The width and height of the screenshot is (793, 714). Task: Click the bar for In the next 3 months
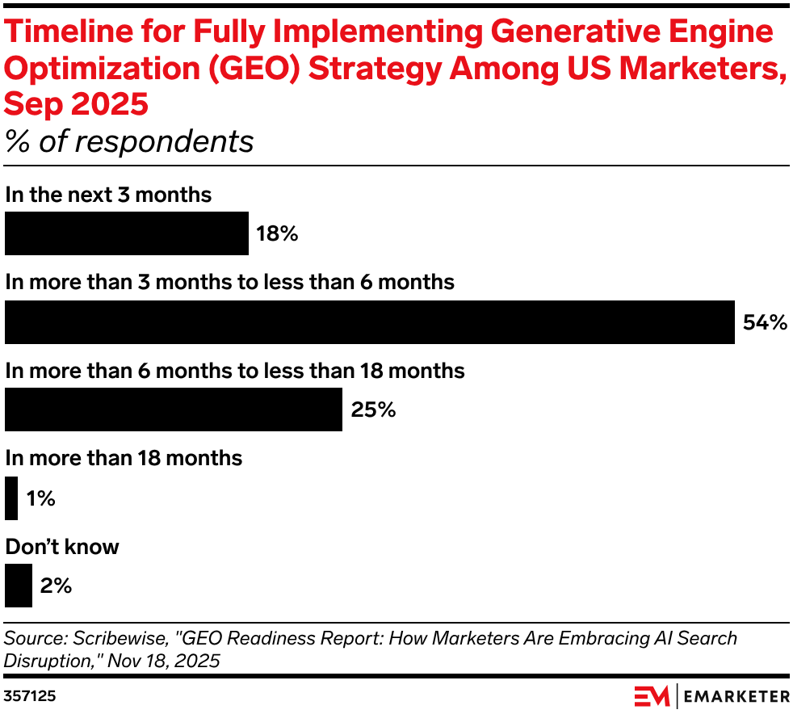(127, 233)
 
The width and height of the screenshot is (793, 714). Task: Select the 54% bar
(370, 322)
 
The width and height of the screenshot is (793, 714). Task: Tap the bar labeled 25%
(174, 409)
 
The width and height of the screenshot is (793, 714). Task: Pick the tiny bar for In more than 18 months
(11, 498)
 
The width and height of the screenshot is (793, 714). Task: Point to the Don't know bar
(19, 586)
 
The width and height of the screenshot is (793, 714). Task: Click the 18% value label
(278, 234)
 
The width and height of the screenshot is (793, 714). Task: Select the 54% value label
(764, 323)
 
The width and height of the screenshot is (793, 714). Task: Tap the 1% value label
(40, 499)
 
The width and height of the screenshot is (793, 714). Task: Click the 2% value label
(56, 586)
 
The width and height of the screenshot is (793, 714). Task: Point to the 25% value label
(373, 410)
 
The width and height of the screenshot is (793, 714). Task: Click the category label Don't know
(62, 547)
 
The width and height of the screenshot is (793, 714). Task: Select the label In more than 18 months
(124, 458)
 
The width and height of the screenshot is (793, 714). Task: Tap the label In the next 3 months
(108, 195)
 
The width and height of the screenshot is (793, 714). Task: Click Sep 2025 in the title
(77, 105)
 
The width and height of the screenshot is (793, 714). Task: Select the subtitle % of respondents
(129, 142)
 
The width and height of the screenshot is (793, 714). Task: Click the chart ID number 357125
(30, 695)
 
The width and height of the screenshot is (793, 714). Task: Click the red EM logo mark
(651, 695)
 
